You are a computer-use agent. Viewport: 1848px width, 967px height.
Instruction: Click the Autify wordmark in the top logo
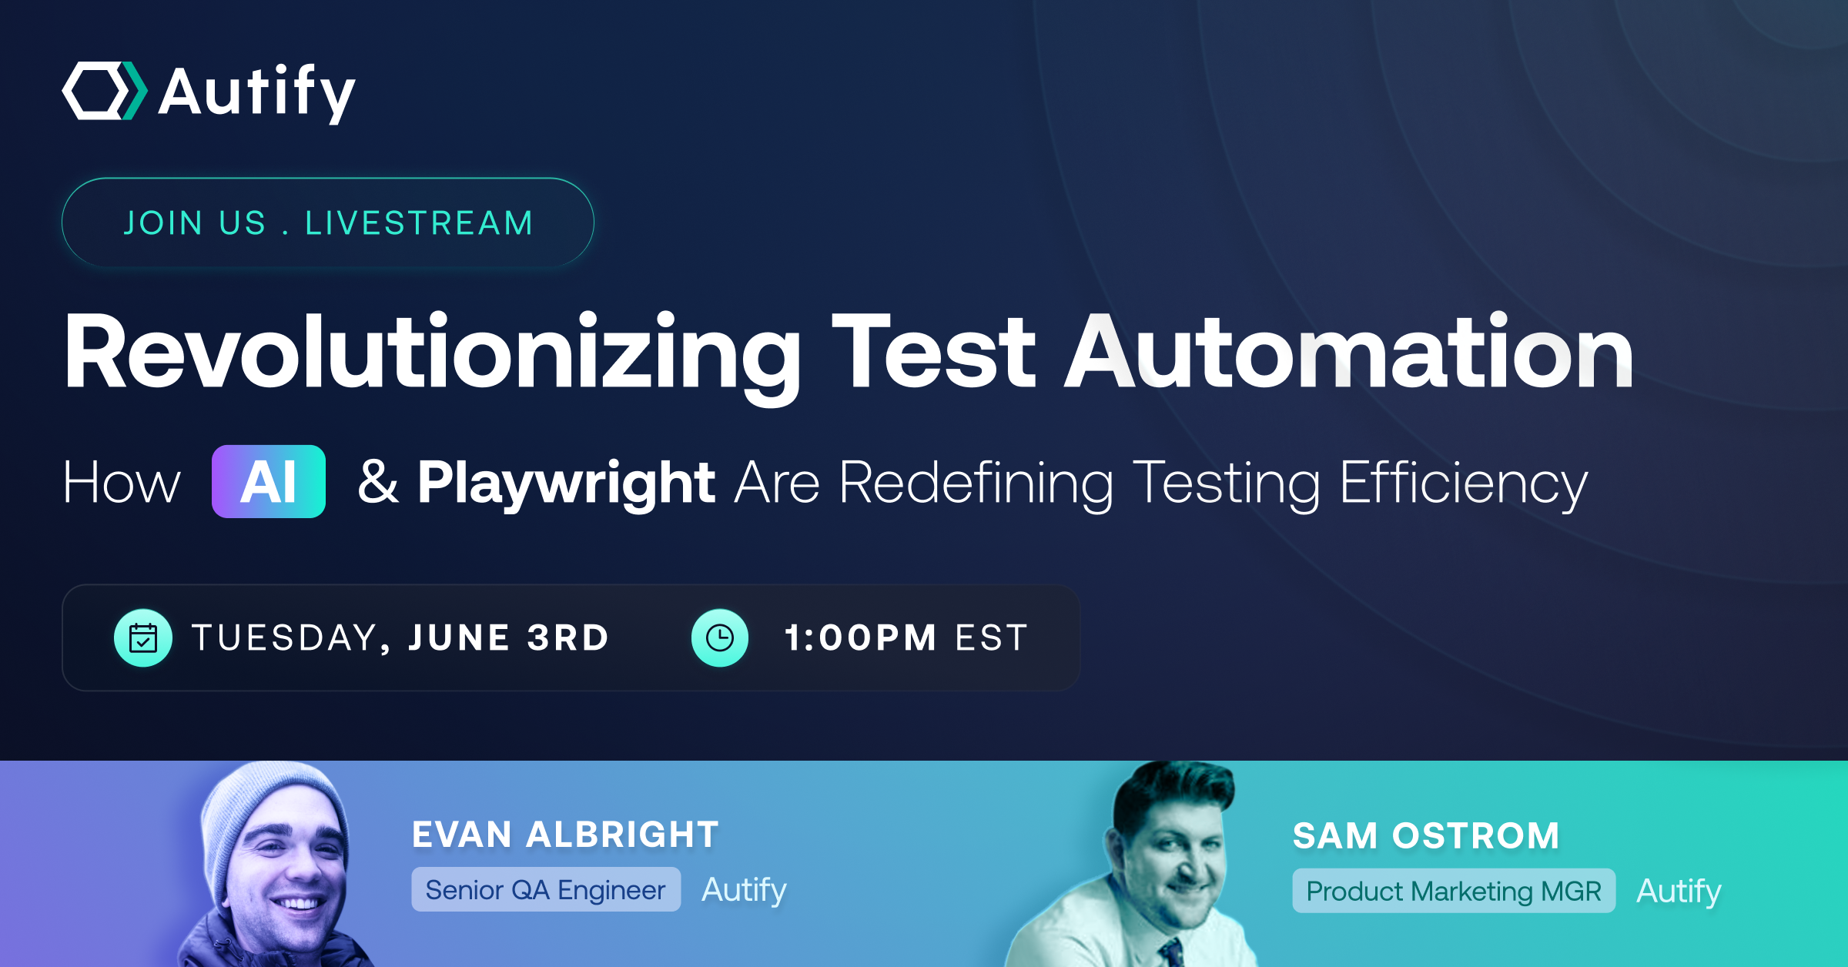coord(257,92)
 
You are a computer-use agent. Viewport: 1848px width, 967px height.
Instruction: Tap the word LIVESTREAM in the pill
coord(419,223)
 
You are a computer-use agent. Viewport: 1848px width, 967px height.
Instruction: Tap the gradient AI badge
coord(269,482)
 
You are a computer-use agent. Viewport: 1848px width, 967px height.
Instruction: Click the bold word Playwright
coord(566,483)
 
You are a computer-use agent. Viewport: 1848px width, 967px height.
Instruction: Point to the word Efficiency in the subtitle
coord(1463,483)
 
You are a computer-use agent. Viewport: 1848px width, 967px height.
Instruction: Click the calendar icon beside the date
coord(143,638)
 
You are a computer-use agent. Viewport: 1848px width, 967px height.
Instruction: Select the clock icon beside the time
coord(720,638)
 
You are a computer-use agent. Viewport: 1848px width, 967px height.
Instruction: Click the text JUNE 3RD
coord(508,638)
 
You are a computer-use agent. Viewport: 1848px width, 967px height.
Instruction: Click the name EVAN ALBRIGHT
coord(565,835)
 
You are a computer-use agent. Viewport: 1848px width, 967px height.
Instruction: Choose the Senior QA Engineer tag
coord(545,890)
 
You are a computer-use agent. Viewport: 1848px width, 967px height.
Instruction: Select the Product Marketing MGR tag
coord(1453,892)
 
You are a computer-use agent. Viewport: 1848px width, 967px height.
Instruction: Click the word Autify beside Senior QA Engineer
coord(744,890)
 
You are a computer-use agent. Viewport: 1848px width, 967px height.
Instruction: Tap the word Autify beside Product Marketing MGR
coord(1679,892)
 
